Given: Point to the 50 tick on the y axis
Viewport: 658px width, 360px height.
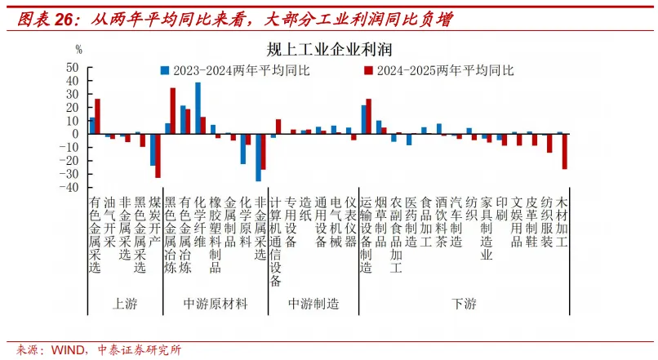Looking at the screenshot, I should (x=72, y=68).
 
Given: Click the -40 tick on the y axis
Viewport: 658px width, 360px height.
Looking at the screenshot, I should (x=70, y=187).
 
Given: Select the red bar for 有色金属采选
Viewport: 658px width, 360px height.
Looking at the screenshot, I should (x=98, y=117).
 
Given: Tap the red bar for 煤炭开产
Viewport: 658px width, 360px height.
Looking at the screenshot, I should (x=158, y=155).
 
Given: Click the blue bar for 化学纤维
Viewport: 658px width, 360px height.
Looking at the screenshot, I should (x=198, y=108).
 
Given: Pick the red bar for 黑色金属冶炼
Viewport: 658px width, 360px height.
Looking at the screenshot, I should (x=172, y=111).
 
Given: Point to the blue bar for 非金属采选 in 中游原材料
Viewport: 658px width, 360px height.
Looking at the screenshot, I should (x=258, y=157).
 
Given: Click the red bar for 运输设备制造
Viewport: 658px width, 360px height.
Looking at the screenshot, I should (x=369, y=117).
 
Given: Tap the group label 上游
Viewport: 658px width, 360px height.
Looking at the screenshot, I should (x=124, y=304).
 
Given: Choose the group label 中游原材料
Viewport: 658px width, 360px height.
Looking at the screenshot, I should (x=215, y=304).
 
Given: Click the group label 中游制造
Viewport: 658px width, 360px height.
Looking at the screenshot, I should (x=313, y=304).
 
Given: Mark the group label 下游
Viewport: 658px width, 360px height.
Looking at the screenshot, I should (x=464, y=304).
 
